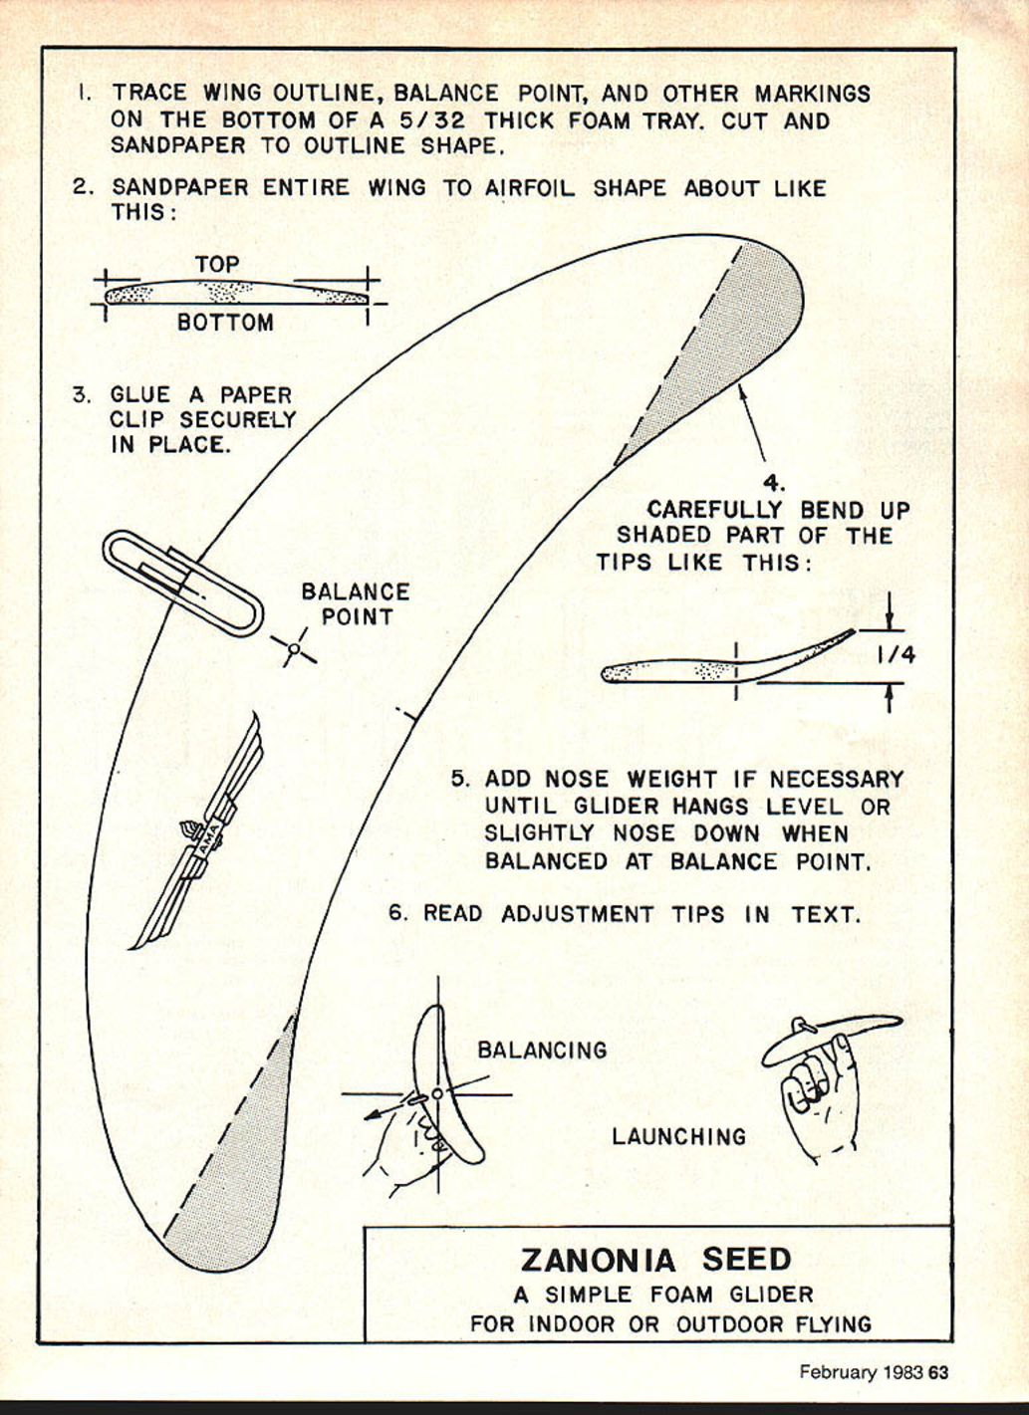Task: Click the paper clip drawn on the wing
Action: click(x=182, y=583)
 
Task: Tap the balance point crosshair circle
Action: click(x=294, y=649)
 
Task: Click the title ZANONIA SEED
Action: click(x=655, y=1260)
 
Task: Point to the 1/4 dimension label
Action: click(x=896, y=655)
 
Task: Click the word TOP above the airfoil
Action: click(x=217, y=265)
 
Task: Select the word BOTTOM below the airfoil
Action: click(x=225, y=323)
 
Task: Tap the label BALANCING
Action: click(x=542, y=1051)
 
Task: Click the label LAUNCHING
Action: click(x=678, y=1136)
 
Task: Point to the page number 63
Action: click(x=938, y=1372)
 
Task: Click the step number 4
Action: click(x=774, y=486)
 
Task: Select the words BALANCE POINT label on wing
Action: click(x=356, y=604)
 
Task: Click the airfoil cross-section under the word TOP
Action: click(x=236, y=293)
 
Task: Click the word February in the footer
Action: click(x=838, y=1372)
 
